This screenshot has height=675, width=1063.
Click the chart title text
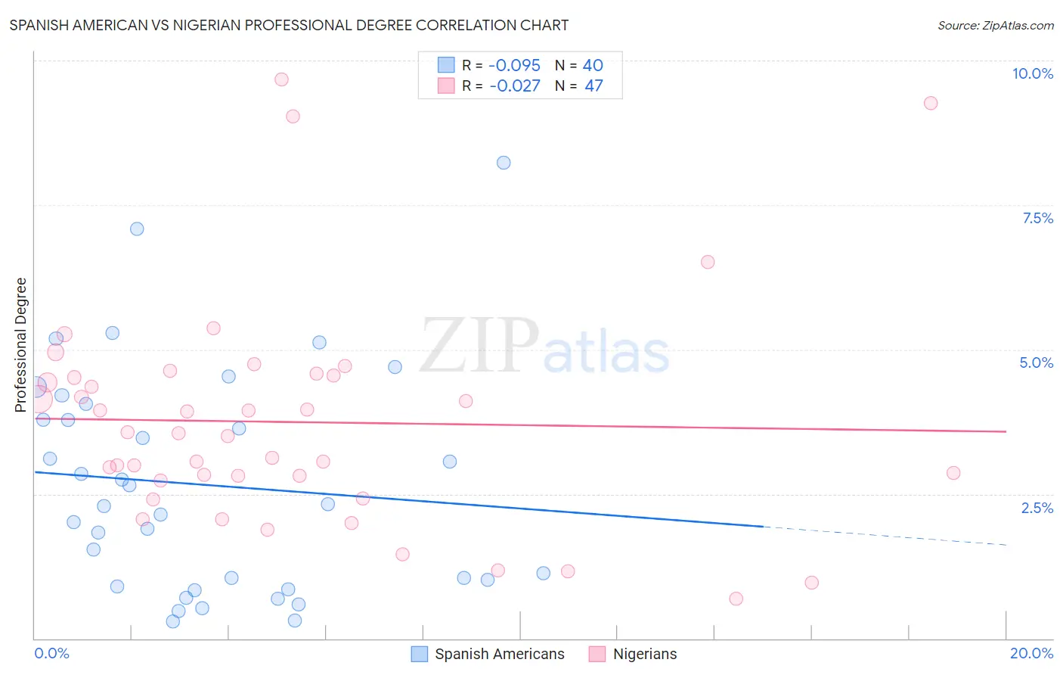pos(289,25)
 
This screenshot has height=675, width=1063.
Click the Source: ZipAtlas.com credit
pos(995,25)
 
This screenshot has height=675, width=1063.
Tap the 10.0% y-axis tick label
pos(1032,73)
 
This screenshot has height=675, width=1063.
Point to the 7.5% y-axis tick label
pos(1037,218)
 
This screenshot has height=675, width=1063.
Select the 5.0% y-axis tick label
pos(1036,362)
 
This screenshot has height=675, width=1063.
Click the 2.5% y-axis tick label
pos(1037,508)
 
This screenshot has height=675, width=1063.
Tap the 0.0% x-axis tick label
pos(51,653)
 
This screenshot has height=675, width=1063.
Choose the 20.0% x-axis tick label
pos(1031,653)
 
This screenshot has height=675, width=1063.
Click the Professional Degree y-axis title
pos(20,345)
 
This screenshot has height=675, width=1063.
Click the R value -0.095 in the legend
pos(514,66)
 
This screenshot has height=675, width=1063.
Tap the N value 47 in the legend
pos(593,86)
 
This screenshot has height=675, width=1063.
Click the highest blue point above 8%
pos(504,163)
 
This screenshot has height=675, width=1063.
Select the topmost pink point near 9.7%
pos(281,79)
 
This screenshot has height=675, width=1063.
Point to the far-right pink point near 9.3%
pos(931,103)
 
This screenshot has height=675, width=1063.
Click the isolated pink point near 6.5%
pos(708,262)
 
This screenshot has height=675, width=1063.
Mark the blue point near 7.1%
pos(137,229)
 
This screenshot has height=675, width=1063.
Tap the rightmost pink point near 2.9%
pos(953,473)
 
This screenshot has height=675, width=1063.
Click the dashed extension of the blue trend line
pos(885,536)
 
